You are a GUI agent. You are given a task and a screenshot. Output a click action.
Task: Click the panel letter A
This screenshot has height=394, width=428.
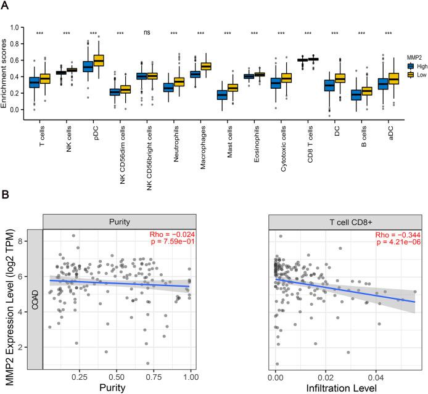point(5,6)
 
